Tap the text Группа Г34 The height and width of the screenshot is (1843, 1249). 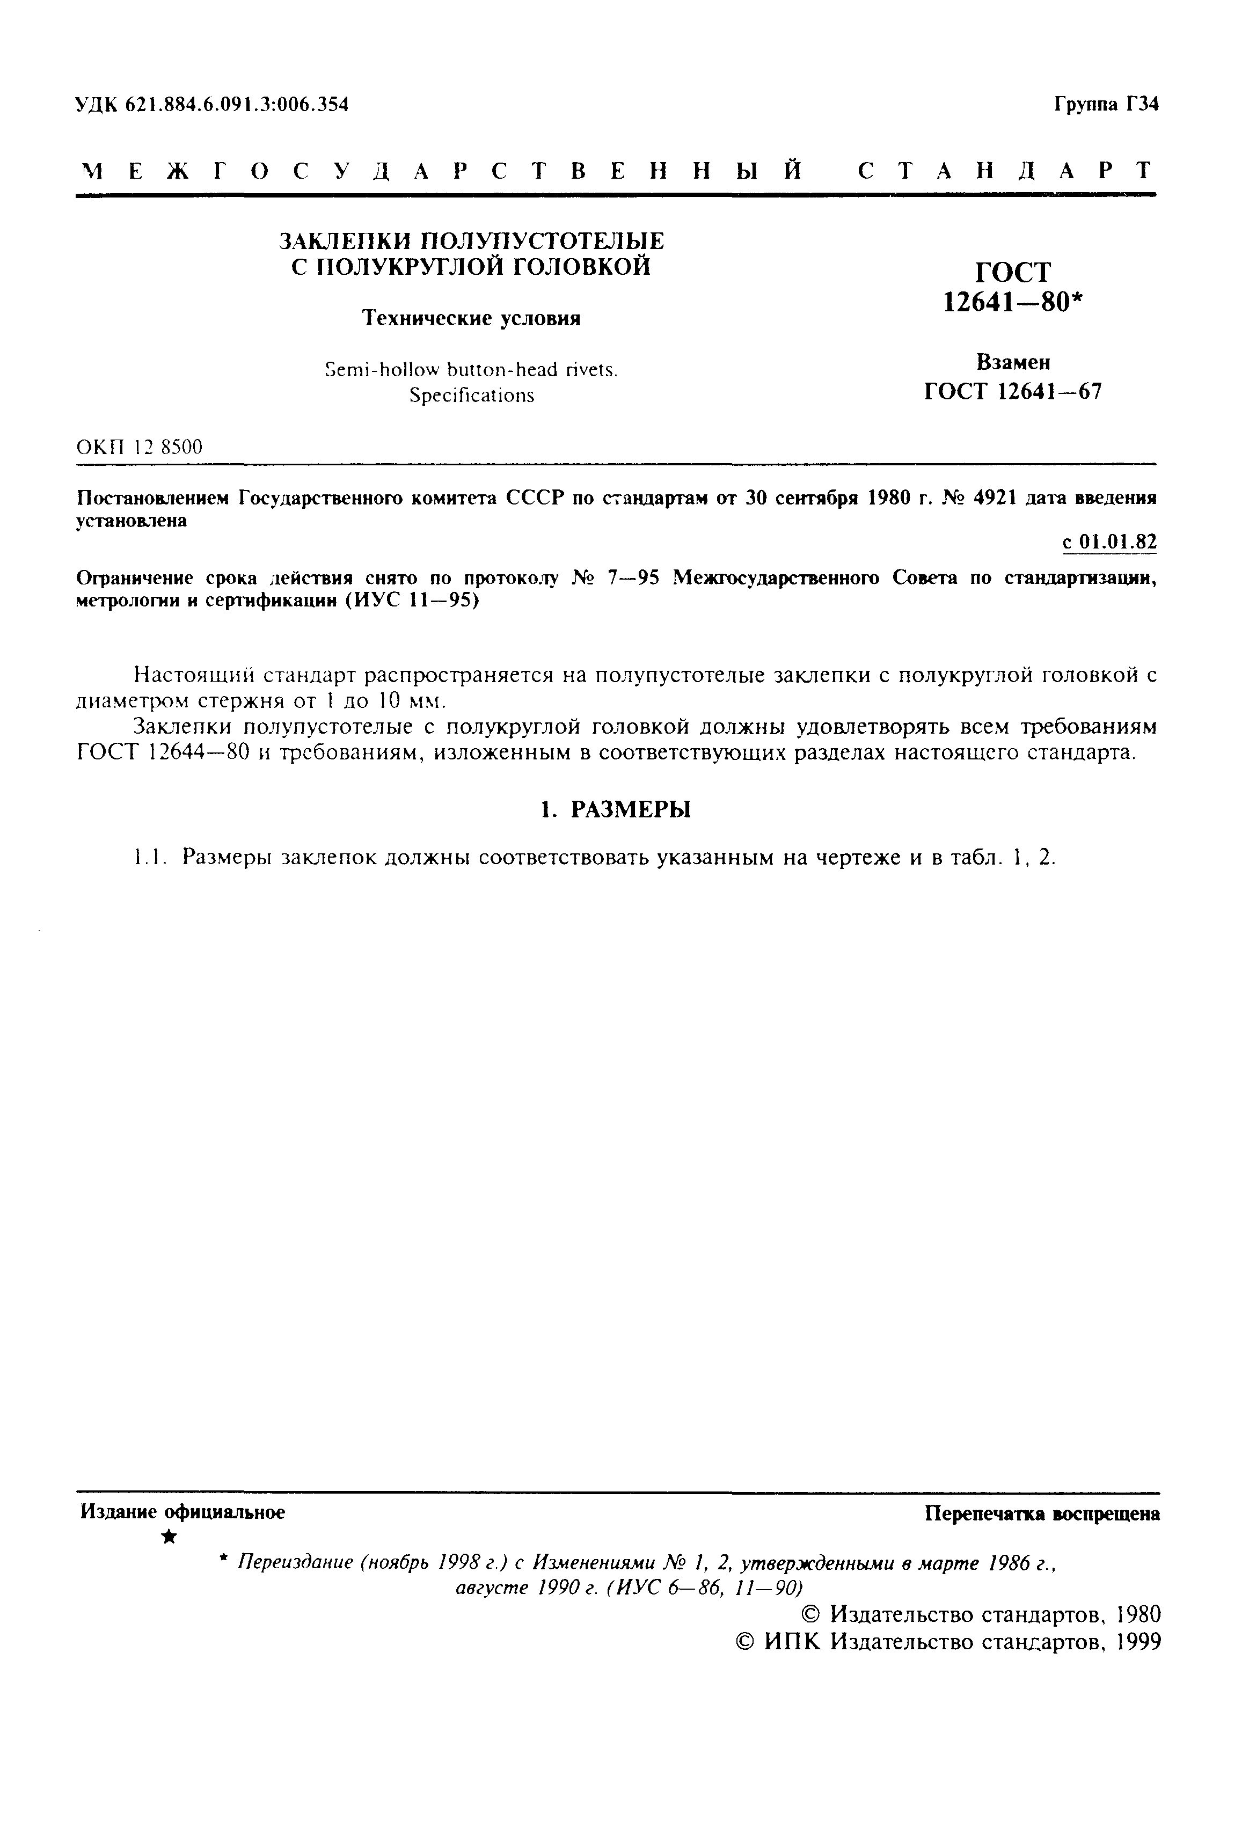click(1106, 104)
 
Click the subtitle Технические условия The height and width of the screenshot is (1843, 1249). click(471, 318)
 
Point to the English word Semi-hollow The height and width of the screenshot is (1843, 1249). click(377, 370)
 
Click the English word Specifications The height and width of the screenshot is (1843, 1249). click(471, 395)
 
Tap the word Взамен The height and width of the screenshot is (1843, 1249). click(1013, 362)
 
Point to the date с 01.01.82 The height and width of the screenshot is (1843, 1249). click(1108, 542)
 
